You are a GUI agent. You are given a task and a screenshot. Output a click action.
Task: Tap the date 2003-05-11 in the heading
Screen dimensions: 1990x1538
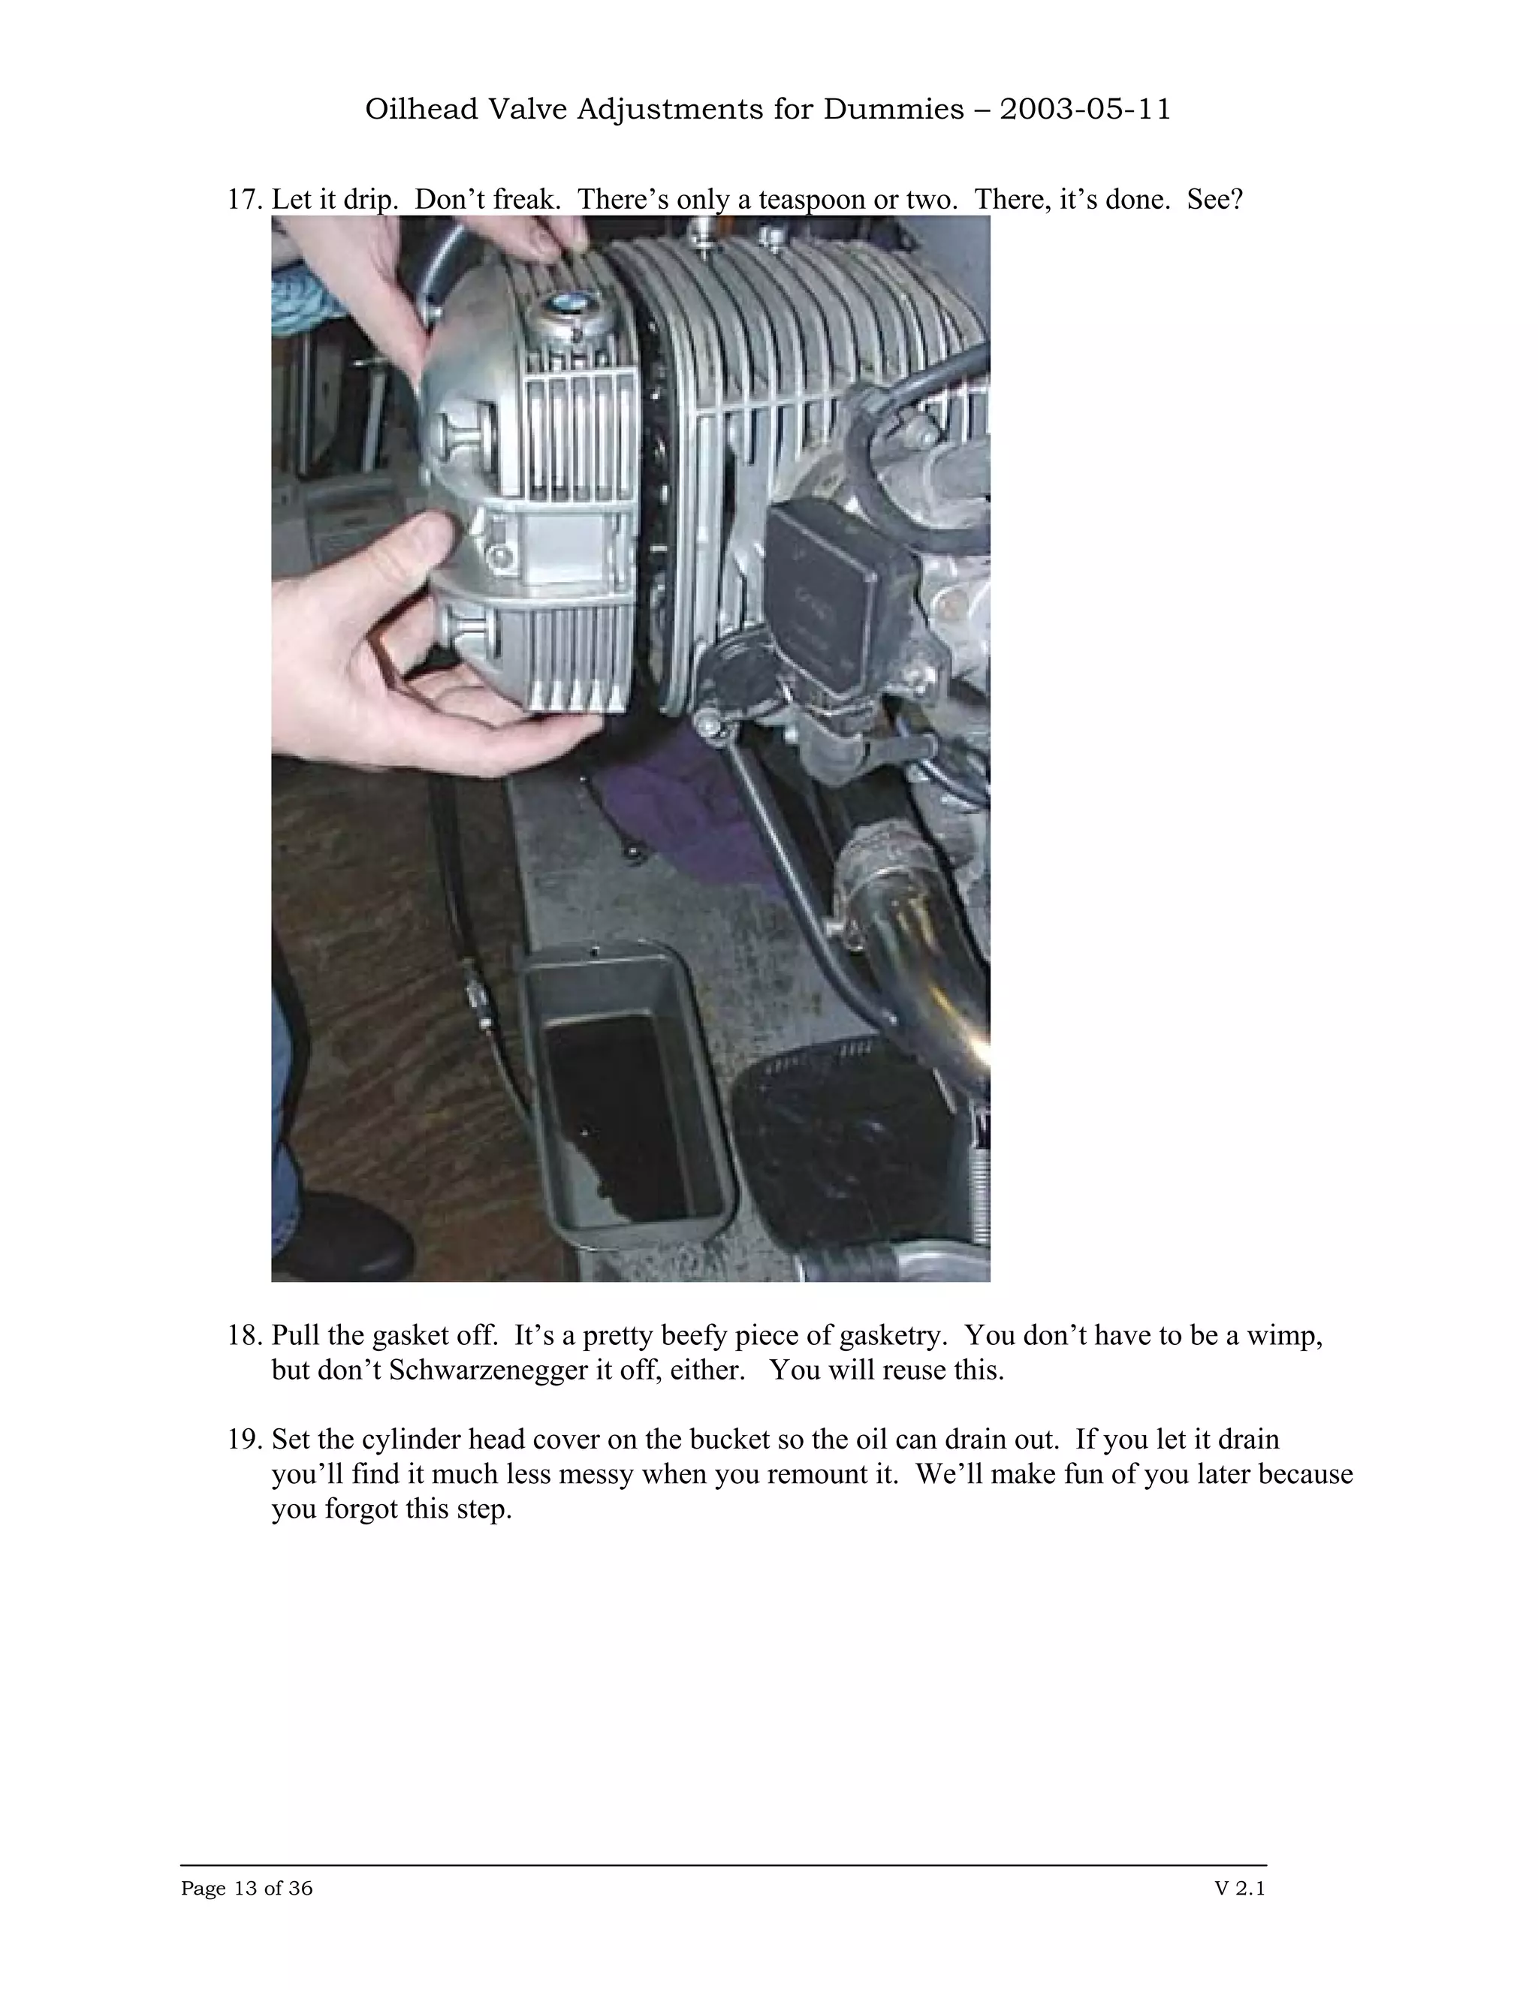coord(1084,110)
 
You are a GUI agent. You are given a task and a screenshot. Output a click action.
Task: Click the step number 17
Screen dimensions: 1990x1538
coord(244,200)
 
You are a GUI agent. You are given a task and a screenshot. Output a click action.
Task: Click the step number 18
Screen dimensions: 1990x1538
coord(244,1336)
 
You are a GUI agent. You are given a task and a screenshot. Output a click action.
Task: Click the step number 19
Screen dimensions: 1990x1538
coord(244,1440)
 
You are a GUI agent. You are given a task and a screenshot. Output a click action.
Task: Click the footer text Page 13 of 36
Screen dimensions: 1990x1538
coord(247,1888)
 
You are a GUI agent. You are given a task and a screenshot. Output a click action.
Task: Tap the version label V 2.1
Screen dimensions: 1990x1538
coord(1240,1888)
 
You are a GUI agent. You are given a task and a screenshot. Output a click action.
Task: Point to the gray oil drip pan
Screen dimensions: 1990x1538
coord(627,1093)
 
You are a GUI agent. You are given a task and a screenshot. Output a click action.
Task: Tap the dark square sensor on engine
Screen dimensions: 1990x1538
coord(838,592)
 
